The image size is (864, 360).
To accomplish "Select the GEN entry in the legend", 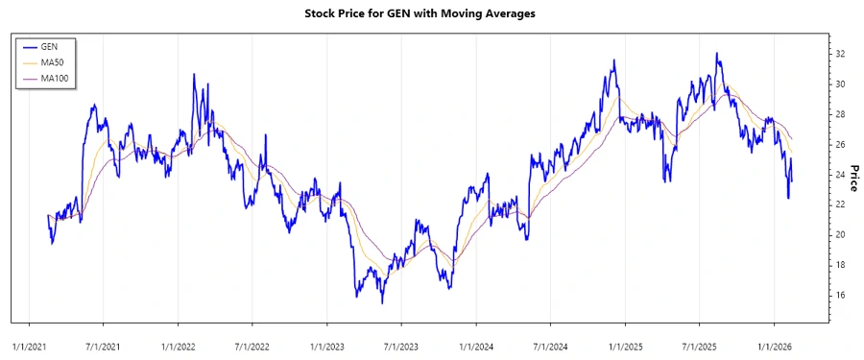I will pyautogui.click(x=49, y=46).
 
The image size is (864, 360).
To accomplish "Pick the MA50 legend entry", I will pyautogui.click(x=52, y=61).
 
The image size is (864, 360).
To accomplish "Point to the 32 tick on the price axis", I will pyautogui.click(x=839, y=54).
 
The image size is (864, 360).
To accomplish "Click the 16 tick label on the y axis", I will pyautogui.click(x=839, y=295).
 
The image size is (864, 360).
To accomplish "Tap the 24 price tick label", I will pyautogui.click(x=839, y=175).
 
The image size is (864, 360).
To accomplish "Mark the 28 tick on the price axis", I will pyautogui.click(x=839, y=114).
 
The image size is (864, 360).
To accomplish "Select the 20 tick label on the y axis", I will pyautogui.click(x=839, y=234).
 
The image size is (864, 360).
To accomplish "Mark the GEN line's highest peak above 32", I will pyautogui.click(x=716, y=54).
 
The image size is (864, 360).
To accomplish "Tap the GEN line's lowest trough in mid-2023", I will pyautogui.click(x=382, y=303).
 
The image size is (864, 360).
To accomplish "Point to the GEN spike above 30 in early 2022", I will pyautogui.click(x=194, y=74).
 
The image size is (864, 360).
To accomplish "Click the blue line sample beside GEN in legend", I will pyautogui.click(x=29, y=46).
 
